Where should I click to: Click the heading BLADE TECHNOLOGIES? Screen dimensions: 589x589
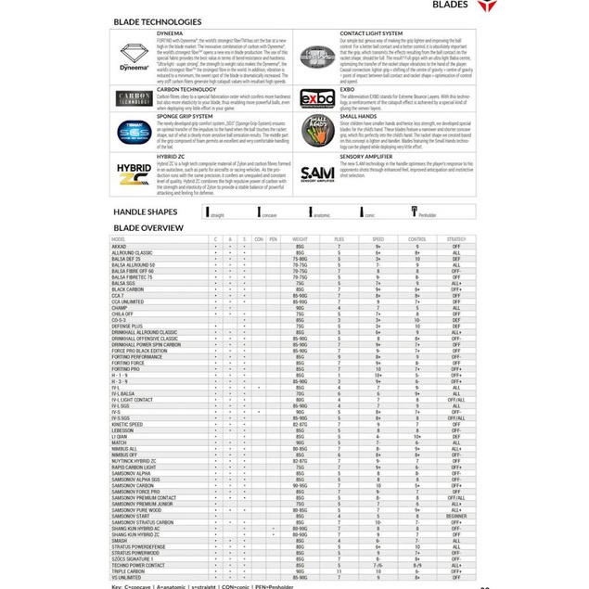pyautogui.click(x=157, y=21)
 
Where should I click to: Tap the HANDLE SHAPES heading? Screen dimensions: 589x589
pyautogui.click(x=146, y=212)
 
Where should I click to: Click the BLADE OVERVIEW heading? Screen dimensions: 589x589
pyautogui.click(x=148, y=226)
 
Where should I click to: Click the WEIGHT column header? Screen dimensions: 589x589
pyautogui.click(x=300, y=238)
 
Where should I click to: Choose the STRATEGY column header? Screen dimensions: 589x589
pyautogui.click(x=456, y=238)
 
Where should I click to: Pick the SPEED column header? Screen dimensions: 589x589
pyautogui.click(x=378, y=238)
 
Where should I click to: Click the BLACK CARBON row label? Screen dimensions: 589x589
pyautogui.click(x=129, y=289)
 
